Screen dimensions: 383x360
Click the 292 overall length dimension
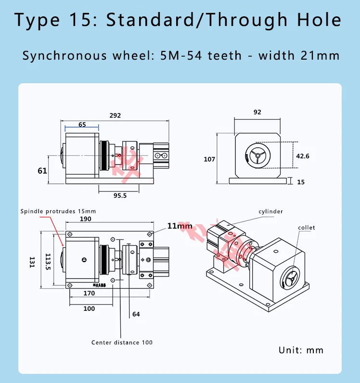(115, 115)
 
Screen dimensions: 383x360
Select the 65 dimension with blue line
(82, 124)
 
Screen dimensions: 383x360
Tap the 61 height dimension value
(42, 170)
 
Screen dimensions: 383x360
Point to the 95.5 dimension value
(119, 196)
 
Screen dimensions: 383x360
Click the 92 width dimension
(257, 112)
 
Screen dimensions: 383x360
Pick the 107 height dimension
(209, 159)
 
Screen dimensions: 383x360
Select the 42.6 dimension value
(303, 156)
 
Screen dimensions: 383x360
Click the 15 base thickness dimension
(301, 182)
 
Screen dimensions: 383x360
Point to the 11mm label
(180, 226)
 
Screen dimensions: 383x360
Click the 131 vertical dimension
(32, 262)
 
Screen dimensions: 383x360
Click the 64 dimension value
(136, 314)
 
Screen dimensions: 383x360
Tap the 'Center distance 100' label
(122, 342)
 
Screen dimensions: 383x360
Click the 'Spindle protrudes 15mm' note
(58, 211)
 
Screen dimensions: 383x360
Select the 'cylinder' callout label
(271, 211)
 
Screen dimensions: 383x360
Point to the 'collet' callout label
(306, 227)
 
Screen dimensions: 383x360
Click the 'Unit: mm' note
(301, 350)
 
